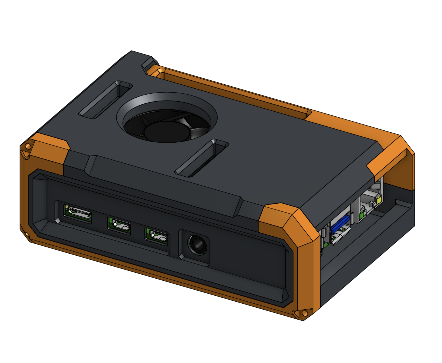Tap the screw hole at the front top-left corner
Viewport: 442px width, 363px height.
click(28, 146)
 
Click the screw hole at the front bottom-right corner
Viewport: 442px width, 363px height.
click(305, 313)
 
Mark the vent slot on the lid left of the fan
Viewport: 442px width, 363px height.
click(105, 100)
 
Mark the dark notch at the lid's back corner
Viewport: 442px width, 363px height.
click(149, 64)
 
